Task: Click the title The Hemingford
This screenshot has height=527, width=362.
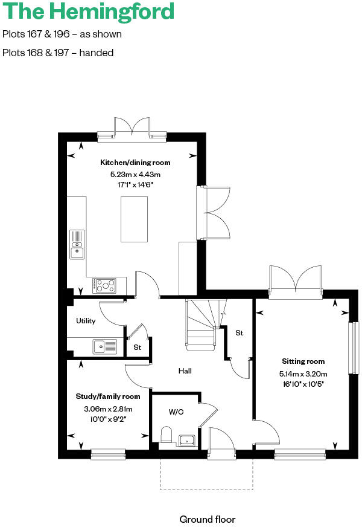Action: (x=89, y=11)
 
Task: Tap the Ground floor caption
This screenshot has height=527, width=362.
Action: (x=207, y=519)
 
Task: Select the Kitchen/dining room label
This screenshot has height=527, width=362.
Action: (x=135, y=163)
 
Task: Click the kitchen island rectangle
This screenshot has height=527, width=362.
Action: (x=135, y=219)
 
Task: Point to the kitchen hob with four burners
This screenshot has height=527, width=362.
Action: (x=104, y=284)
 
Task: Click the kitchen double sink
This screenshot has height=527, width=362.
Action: (x=77, y=244)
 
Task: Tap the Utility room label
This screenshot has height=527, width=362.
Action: (x=86, y=321)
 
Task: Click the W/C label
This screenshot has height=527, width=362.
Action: (x=176, y=412)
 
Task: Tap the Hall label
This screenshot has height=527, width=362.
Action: (x=185, y=371)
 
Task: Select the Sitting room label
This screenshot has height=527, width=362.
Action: (x=302, y=361)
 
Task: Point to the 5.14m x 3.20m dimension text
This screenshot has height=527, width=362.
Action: (x=302, y=373)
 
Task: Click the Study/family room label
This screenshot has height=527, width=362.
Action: (x=107, y=396)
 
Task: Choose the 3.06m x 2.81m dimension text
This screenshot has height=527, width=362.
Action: (x=107, y=409)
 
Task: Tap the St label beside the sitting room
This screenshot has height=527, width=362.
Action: (x=239, y=333)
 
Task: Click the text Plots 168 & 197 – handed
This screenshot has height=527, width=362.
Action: (x=58, y=53)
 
